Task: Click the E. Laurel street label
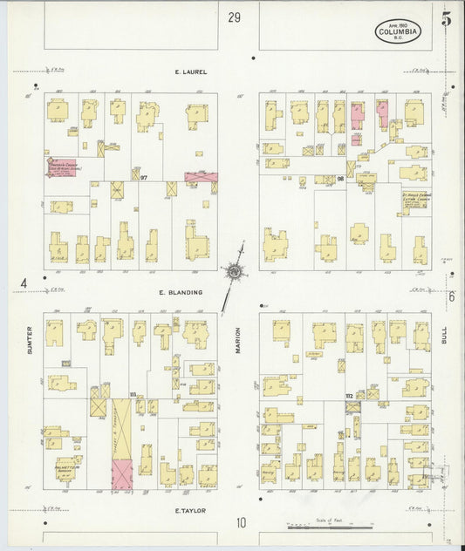(x=190, y=71)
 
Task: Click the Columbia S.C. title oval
(x=398, y=33)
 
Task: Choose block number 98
(x=341, y=179)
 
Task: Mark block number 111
(x=133, y=395)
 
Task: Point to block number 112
(x=349, y=396)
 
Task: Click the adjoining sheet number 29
(x=233, y=17)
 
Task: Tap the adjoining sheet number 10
(x=239, y=523)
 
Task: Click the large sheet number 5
(x=447, y=19)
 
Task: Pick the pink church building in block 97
(x=63, y=166)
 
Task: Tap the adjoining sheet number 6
(x=452, y=296)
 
